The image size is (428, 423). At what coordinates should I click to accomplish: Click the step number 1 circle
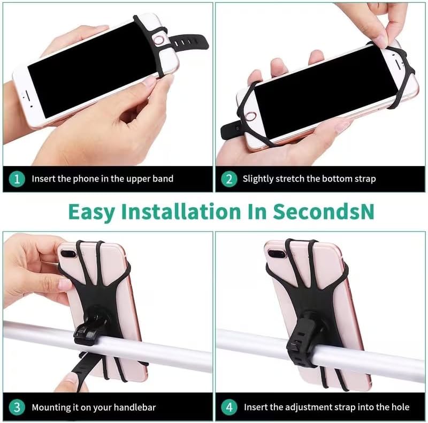click(17, 179)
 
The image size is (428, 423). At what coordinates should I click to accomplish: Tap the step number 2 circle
click(229, 179)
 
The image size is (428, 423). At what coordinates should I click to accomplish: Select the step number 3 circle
click(17, 407)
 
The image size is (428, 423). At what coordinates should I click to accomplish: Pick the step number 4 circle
click(229, 407)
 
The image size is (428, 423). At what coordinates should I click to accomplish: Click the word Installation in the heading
click(181, 211)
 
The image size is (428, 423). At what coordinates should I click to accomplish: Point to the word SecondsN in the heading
click(324, 211)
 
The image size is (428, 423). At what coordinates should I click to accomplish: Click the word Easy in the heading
click(91, 213)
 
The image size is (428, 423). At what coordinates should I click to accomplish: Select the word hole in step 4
click(399, 407)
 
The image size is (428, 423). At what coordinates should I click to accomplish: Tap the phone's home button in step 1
click(159, 40)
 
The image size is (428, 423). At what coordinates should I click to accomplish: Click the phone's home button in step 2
click(250, 116)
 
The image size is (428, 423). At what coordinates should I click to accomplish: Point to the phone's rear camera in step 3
click(68, 254)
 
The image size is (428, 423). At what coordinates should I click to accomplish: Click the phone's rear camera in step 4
click(277, 254)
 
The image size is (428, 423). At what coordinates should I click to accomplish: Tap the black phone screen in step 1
click(93, 70)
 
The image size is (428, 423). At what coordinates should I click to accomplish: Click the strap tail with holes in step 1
click(188, 42)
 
